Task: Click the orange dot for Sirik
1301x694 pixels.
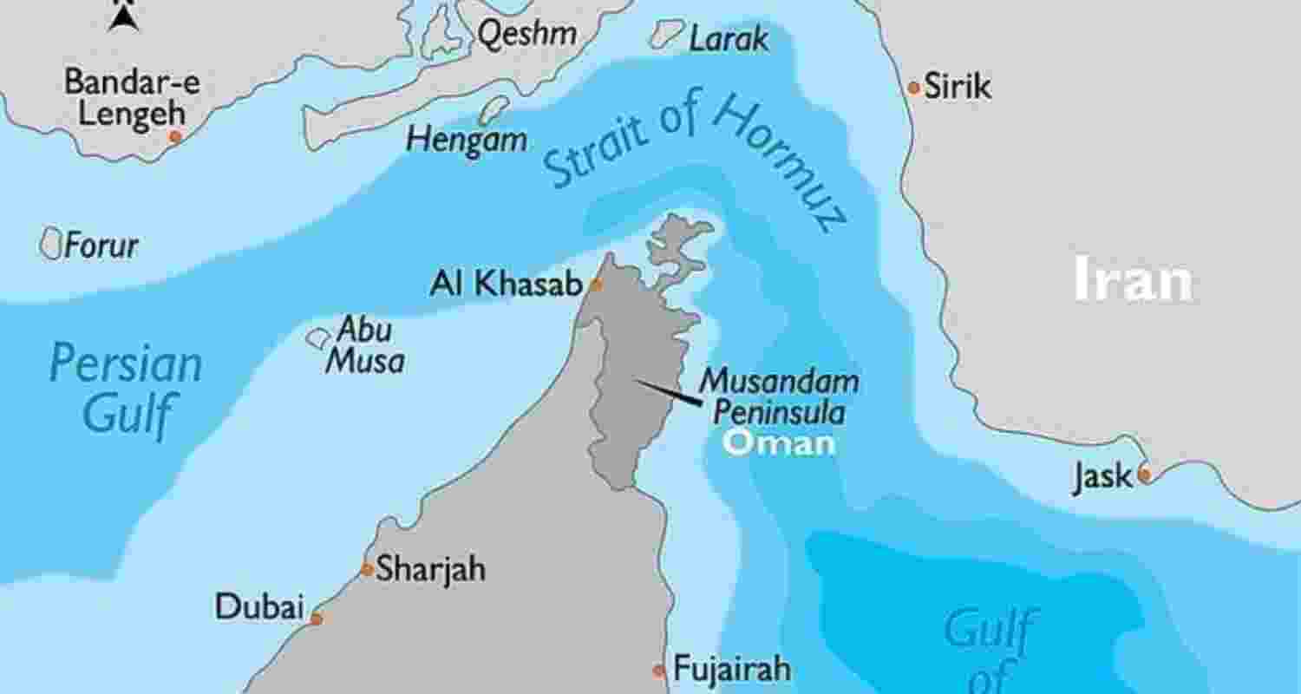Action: coord(913,88)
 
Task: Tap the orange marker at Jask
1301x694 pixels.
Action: coord(1144,475)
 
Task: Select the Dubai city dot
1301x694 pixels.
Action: coord(317,619)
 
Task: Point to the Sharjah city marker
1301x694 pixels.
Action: coord(367,570)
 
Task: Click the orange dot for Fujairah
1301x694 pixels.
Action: coord(659,671)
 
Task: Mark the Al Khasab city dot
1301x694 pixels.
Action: coord(596,285)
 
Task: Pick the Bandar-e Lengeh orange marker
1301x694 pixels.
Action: coord(175,137)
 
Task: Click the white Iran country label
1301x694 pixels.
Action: coord(1133,280)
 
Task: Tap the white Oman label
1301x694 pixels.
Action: coord(779,442)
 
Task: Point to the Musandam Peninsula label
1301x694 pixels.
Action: coord(779,396)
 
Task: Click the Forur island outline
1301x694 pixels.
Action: coord(51,244)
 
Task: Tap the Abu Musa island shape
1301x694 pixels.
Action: coord(318,337)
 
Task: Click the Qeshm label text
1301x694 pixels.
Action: coord(527,34)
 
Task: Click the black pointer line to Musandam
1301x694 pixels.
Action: coord(669,392)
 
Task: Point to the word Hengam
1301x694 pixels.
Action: coord(467,140)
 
